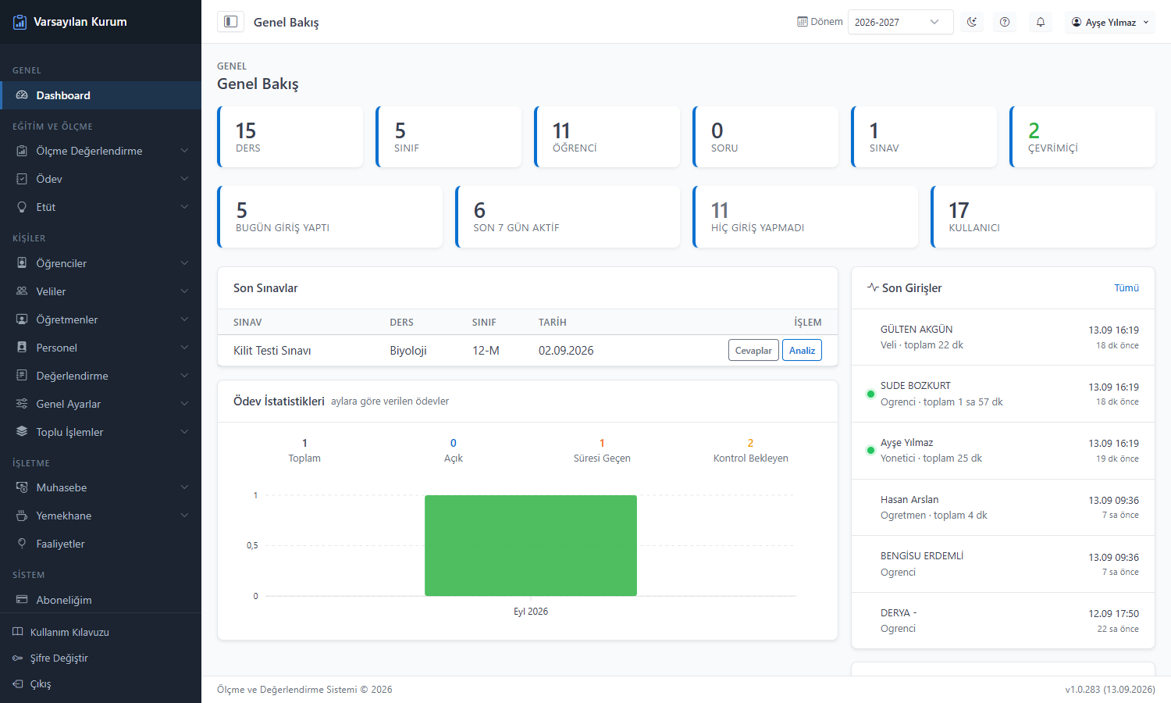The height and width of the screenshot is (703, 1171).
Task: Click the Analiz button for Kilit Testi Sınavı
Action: coord(802,351)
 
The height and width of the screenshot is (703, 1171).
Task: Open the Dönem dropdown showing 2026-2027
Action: coord(900,22)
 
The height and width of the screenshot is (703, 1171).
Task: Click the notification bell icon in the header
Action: coord(1041,22)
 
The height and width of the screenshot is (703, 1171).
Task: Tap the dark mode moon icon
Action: coord(972,22)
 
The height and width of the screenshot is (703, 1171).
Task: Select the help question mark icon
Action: coord(1004,22)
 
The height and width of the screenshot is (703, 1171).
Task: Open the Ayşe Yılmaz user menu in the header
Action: coord(1110,22)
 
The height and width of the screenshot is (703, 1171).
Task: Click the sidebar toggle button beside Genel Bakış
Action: coord(230,21)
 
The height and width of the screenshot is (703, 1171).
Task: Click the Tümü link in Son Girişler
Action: coord(1126,287)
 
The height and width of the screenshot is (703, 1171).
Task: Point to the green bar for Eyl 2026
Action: coord(531,545)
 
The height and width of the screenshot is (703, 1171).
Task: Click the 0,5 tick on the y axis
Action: coord(252,545)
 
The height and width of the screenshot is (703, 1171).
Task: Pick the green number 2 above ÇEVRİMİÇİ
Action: coord(1034,130)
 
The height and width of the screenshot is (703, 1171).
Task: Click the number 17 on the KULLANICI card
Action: coord(959,210)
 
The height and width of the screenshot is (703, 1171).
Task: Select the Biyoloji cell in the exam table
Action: coord(408,351)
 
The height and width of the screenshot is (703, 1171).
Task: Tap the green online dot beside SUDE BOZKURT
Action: coord(870,394)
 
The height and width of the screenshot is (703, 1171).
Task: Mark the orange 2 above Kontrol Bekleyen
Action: coord(750,443)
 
